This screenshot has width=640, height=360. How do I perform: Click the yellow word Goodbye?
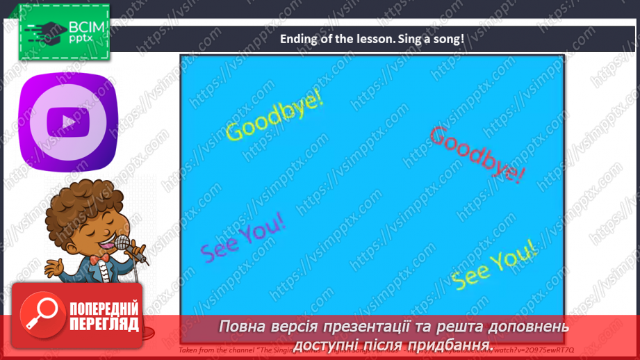pyautogui.click(x=275, y=116)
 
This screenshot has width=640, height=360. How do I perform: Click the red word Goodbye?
pyautogui.click(x=477, y=154)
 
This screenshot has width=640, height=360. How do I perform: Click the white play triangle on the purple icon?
pyautogui.click(x=68, y=121)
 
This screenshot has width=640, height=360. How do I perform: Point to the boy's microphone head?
pyautogui.click(x=123, y=243)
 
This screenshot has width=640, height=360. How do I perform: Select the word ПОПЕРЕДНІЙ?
pyautogui.click(x=104, y=309)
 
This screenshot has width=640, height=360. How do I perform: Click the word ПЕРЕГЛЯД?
pyautogui.click(x=104, y=324)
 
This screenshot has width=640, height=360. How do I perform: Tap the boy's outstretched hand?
pyautogui.click(x=54, y=268)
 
